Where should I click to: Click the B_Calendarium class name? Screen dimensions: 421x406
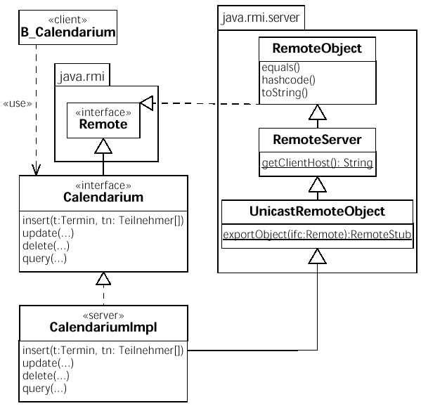tap(68, 32)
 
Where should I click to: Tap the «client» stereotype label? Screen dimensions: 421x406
tap(67, 20)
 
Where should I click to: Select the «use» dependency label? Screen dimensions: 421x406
tap(18, 103)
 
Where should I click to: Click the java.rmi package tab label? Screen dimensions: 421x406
tap(82, 77)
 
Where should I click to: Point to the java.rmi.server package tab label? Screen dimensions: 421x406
tap(261, 18)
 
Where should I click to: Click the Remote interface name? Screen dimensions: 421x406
tap(103, 124)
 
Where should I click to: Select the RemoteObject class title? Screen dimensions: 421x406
tap(317, 48)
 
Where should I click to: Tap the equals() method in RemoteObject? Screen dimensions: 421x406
tap(280, 67)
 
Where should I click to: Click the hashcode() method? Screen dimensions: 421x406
tap(289, 80)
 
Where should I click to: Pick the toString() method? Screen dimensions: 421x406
tap(285, 93)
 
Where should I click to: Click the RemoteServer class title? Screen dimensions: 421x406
tap(317, 140)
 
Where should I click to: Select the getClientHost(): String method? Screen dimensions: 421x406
tap(318, 163)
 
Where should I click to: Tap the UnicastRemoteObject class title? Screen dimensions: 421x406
tap(317, 211)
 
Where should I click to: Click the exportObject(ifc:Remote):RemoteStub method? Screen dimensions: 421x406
tap(317, 235)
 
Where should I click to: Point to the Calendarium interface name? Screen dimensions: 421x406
tap(103, 197)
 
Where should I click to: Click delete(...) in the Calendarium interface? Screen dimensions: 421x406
tap(46, 246)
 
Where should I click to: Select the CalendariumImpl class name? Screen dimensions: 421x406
tap(103, 327)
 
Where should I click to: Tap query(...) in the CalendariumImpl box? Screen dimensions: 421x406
tap(44, 388)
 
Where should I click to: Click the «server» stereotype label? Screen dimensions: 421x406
tap(103, 315)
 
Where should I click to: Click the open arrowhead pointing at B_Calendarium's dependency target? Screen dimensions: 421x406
tap(36, 170)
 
